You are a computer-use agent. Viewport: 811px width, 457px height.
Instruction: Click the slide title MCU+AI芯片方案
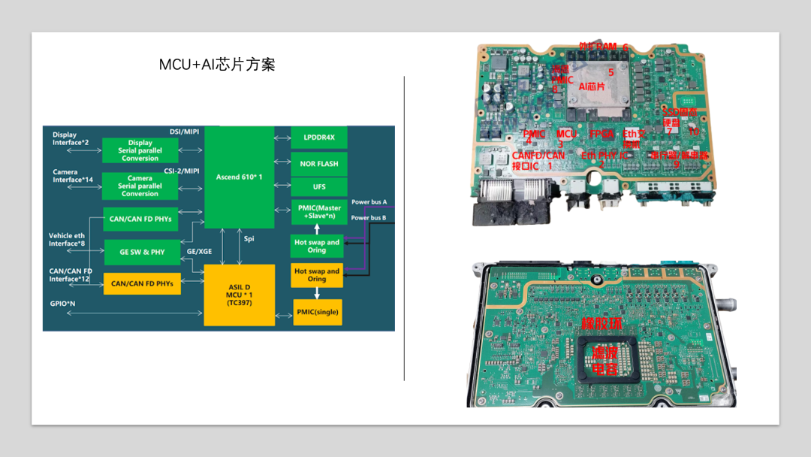click(217, 65)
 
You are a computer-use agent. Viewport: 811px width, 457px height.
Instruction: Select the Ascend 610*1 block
click(239, 177)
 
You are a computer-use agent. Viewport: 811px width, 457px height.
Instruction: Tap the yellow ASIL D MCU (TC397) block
click(239, 295)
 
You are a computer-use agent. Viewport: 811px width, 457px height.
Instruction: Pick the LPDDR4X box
click(319, 138)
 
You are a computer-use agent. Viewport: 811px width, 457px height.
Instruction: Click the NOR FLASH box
click(319, 163)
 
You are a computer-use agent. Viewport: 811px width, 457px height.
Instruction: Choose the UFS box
click(319, 186)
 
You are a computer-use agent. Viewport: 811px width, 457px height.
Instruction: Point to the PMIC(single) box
click(317, 312)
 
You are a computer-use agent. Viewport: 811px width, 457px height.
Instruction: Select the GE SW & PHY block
click(142, 252)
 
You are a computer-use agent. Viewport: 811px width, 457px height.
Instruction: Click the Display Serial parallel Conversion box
click(140, 150)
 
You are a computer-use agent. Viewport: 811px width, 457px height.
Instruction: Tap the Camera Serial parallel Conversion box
click(140, 186)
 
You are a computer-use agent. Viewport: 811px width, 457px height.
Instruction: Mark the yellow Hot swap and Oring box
click(317, 275)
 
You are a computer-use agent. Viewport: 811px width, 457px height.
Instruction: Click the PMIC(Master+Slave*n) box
click(319, 213)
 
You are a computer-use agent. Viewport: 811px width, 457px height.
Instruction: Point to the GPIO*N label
click(63, 304)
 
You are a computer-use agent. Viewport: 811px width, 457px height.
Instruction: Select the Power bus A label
click(369, 202)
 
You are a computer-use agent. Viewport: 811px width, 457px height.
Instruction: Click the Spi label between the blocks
click(249, 238)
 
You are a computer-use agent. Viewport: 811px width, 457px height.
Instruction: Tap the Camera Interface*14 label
click(72, 176)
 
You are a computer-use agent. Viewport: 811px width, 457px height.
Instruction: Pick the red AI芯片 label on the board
click(592, 87)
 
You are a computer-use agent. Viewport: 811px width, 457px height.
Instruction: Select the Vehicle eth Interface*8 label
click(68, 240)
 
